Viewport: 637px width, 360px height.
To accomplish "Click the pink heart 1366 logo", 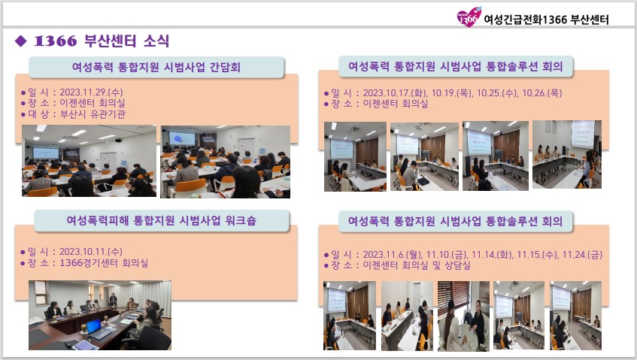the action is coord(469,17).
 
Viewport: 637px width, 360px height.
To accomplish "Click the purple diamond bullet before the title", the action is coord(20,41).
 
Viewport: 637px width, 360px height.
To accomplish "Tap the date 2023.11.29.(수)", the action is coord(91,92).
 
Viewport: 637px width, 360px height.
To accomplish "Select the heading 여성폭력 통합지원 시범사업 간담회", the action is coord(156,67).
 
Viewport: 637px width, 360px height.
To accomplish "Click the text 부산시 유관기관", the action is coord(93,114).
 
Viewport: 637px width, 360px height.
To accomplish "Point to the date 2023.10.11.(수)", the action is coord(90,252).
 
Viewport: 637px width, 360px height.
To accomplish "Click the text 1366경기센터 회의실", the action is coord(104,263).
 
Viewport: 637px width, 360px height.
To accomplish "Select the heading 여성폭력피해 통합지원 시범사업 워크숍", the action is coord(161,220).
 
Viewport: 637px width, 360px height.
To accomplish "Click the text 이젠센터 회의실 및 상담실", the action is coord(417,265).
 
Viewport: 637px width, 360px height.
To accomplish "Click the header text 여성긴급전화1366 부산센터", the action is coord(547,20).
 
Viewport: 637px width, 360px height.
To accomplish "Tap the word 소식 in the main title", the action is coord(156,41).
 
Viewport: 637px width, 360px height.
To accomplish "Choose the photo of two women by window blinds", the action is coord(463,316).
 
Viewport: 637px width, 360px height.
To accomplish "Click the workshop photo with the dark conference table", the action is coord(100,315).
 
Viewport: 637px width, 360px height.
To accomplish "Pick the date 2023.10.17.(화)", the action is coord(395,93).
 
